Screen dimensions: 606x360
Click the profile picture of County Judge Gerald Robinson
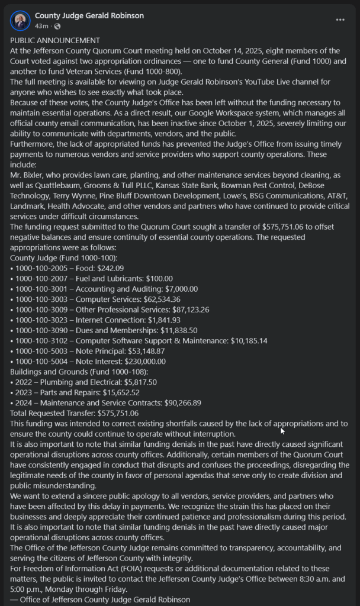(x=20, y=21)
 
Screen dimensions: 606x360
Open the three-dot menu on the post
(x=340, y=20)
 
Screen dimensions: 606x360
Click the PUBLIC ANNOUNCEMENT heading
(x=55, y=40)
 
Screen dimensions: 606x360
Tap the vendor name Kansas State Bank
(x=187, y=185)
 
